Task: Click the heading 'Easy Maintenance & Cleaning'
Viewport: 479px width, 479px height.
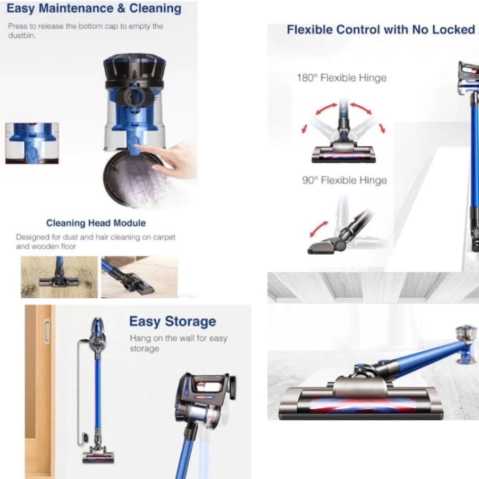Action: [94, 9]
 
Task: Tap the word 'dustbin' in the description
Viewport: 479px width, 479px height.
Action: [20, 36]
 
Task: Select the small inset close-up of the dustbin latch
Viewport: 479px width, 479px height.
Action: [31, 143]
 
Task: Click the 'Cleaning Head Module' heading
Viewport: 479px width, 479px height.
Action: [96, 223]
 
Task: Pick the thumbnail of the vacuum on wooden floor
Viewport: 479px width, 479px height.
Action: [59, 276]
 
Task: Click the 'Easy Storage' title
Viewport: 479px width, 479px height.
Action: [172, 322]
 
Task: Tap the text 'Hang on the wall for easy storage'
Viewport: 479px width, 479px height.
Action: [178, 343]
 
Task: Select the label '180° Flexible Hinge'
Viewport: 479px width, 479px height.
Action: [341, 78]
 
